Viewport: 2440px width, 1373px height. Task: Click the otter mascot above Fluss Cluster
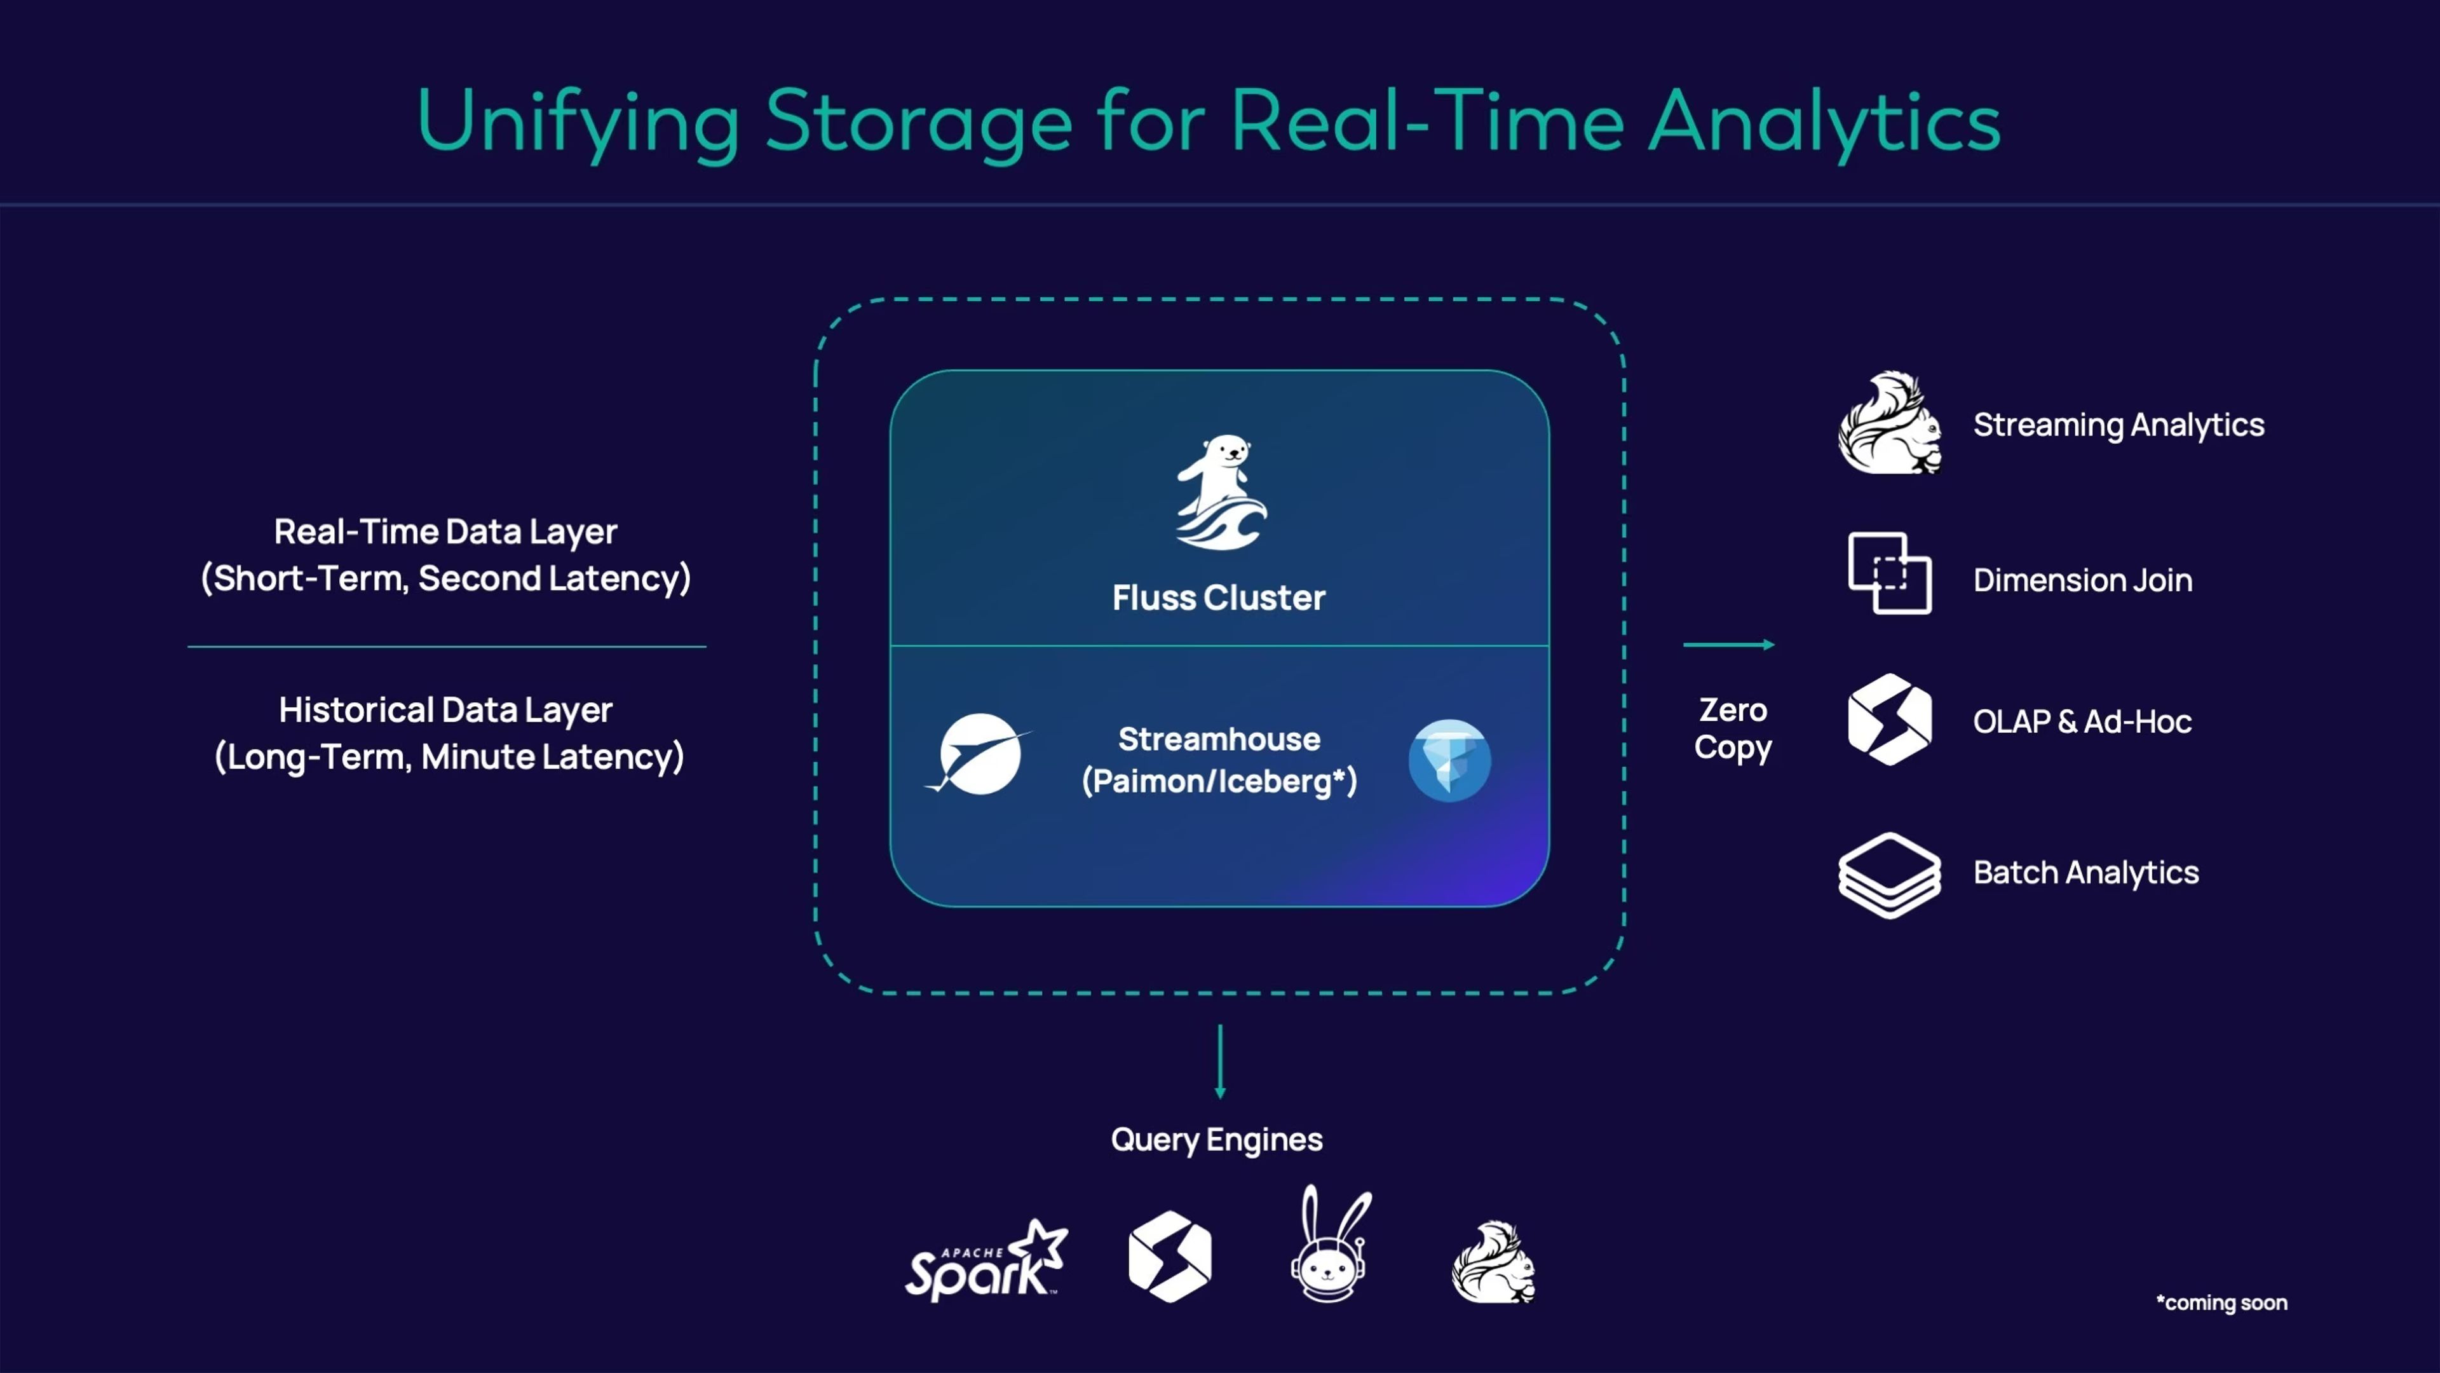[1221, 492]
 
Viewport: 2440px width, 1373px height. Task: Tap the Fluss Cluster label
[1219, 598]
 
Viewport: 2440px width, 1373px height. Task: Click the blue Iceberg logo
[1449, 761]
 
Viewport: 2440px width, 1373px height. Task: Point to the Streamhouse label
[1219, 739]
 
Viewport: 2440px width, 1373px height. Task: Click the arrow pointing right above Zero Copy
[1728, 645]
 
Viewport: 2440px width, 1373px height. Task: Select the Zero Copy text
[1732, 728]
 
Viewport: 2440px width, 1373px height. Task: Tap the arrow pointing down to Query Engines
[1220, 1062]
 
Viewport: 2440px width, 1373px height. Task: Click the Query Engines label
[1216, 1140]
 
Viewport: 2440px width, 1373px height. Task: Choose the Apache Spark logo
[986, 1261]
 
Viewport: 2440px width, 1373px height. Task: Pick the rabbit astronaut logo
[1330, 1243]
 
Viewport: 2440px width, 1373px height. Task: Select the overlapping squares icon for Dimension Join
[1890, 573]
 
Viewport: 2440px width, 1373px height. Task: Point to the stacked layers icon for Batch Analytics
[1890, 875]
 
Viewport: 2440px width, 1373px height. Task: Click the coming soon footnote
[2221, 1303]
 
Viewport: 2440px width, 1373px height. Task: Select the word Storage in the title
[918, 121]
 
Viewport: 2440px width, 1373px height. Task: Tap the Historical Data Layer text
[446, 710]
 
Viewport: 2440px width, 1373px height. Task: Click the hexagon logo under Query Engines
[1170, 1257]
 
